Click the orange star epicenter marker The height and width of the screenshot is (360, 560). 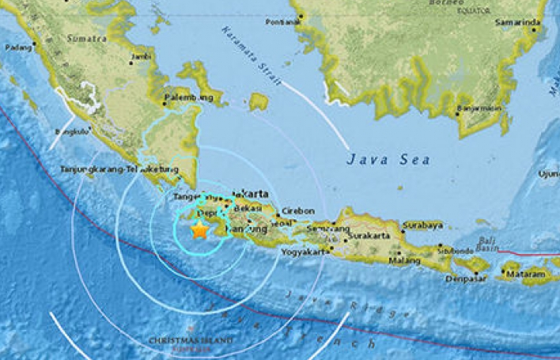point(199,229)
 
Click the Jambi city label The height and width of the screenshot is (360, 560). point(142,57)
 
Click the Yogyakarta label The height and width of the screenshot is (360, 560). point(305,252)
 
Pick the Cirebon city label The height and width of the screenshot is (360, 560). point(300,210)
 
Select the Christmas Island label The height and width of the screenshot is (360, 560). point(191,341)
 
